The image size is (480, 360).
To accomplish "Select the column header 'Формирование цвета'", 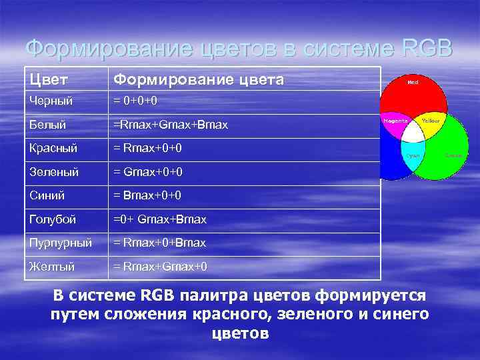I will coord(199,80).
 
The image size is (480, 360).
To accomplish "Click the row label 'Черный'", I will coord(51,101).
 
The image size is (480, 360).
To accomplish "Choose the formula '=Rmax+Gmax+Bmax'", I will coord(171,125).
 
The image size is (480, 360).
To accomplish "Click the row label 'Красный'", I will coord(53,148).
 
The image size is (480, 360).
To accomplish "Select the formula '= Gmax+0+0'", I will coord(149,172).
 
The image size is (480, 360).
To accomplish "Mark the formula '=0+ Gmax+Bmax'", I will coord(160,219).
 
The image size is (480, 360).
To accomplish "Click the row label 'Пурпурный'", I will coord(60,243).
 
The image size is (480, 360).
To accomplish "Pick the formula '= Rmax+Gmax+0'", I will coord(161,267).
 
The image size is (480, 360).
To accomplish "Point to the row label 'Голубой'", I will coord(52,219).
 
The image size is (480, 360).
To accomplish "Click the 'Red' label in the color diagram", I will coord(413,83).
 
